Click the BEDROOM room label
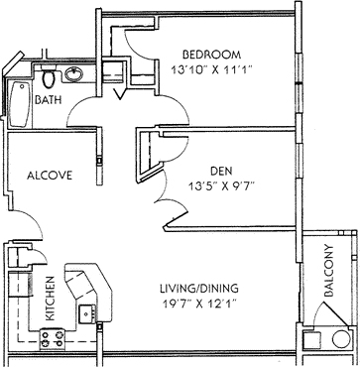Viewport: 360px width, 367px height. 211,54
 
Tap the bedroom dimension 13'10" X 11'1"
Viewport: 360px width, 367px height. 212,69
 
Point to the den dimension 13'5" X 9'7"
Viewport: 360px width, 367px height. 221,186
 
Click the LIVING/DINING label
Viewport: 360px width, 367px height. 199,289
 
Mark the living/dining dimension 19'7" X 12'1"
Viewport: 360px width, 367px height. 199,304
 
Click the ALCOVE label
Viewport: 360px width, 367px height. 50,176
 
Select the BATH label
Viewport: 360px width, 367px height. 49,100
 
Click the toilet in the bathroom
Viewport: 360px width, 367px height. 49,76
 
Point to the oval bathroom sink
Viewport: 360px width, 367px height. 73,74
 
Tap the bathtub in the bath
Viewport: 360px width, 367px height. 20,104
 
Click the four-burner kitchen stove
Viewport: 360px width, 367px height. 52,339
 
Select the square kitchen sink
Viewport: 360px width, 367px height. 87,314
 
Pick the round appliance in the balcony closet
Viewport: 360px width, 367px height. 341,339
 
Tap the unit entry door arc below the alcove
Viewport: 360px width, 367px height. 32,222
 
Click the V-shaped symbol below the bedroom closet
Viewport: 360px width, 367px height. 119,93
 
